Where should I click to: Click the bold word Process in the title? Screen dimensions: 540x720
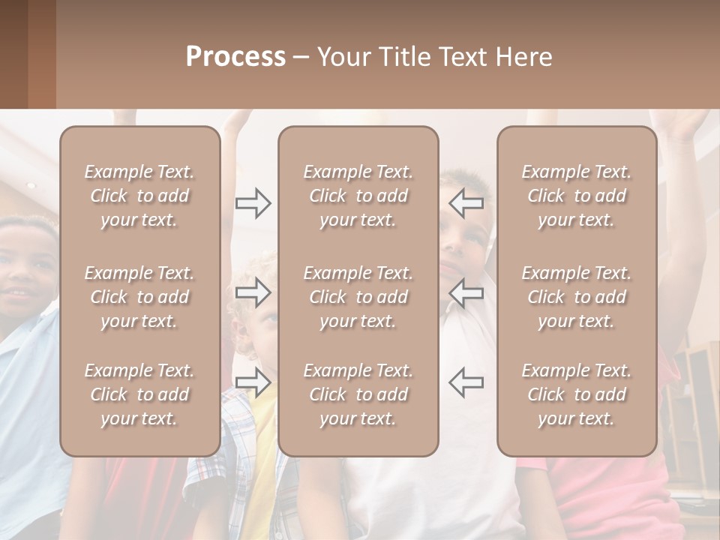pyautogui.click(x=235, y=57)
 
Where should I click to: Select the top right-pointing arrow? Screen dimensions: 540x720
pyautogui.click(x=253, y=203)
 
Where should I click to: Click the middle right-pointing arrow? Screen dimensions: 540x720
pyautogui.click(x=253, y=292)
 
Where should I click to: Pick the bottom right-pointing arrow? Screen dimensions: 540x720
pyautogui.click(x=253, y=382)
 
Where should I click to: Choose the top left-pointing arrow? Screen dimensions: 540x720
pyautogui.click(x=466, y=203)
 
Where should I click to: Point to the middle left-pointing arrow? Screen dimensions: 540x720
pyautogui.click(x=466, y=292)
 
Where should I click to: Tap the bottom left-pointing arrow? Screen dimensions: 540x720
pyautogui.click(x=466, y=382)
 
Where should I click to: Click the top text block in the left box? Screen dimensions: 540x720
pyautogui.click(x=139, y=196)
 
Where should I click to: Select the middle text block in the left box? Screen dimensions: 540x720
pyautogui.click(x=139, y=297)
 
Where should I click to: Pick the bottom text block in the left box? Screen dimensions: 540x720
pyautogui.click(x=139, y=394)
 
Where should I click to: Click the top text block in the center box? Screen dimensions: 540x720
pyautogui.click(x=358, y=196)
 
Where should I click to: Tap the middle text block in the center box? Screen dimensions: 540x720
pyautogui.click(x=358, y=297)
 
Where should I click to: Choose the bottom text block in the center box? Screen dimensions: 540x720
pyautogui.click(x=358, y=394)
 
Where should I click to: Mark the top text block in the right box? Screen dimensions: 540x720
pyautogui.click(x=576, y=196)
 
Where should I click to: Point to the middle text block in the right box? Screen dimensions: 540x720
pyautogui.click(x=576, y=297)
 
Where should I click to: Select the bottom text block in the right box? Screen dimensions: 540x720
pyautogui.click(x=576, y=394)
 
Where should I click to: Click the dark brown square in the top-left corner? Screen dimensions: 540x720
pyautogui.click(x=27, y=54)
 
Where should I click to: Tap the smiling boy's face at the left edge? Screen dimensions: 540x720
pyautogui.click(x=26, y=270)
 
